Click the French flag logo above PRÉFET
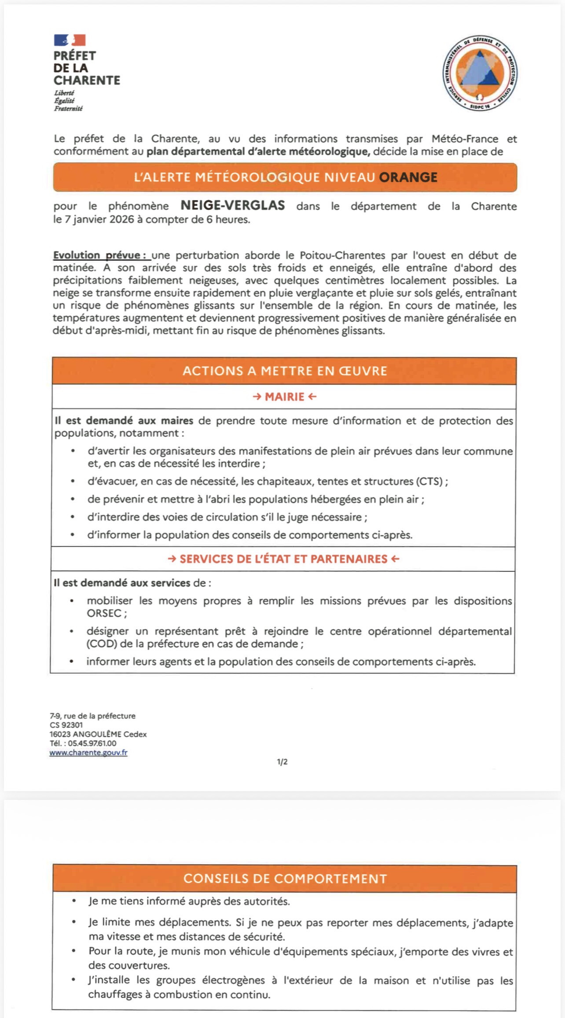click(x=70, y=40)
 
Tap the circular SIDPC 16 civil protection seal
click(x=480, y=73)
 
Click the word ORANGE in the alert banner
click(x=408, y=177)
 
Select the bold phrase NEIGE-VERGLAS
click(x=233, y=205)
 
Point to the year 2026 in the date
click(x=122, y=219)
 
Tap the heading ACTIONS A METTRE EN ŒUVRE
click(x=285, y=371)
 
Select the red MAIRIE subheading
click(x=285, y=397)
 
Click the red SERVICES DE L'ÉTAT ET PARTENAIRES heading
click(x=283, y=559)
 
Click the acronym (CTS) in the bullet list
click(x=429, y=481)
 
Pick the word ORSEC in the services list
click(x=104, y=613)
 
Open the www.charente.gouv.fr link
click(x=88, y=752)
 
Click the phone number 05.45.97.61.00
click(x=92, y=743)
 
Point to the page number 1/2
click(x=282, y=762)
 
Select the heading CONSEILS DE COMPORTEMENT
click(x=285, y=879)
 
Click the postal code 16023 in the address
click(x=60, y=734)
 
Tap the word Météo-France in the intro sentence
click(x=465, y=139)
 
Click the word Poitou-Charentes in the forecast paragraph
click(x=342, y=255)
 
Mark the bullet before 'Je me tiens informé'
click(x=74, y=901)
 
